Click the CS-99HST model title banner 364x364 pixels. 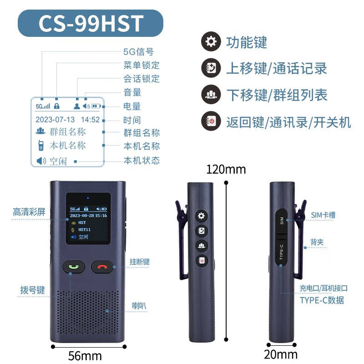click(x=91, y=23)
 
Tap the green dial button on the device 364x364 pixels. click(x=74, y=267)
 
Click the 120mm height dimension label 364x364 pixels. click(x=226, y=169)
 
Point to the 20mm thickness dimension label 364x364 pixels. click(x=281, y=354)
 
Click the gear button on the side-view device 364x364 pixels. click(x=201, y=216)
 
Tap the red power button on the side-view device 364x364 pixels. click(x=202, y=260)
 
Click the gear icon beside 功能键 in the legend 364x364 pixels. click(x=211, y=41)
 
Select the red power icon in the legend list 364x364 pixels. click(x=211, y=121)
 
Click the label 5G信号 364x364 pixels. click(x=139, y=52)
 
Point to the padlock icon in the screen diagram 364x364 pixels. click(x=56, y=106)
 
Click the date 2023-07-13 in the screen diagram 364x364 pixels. click(x=55, y=120)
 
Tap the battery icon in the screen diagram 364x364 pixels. click(x=96, y=106)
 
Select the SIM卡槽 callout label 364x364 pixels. click(x=323, y=215)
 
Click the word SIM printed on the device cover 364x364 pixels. click(x=282, y=221)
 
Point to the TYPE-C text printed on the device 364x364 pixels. click(x=281, y=252)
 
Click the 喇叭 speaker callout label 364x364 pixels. click(x=139, y=306)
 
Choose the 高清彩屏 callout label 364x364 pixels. click(x=29, y=212)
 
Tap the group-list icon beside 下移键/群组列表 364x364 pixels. click(x=211, y=94)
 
